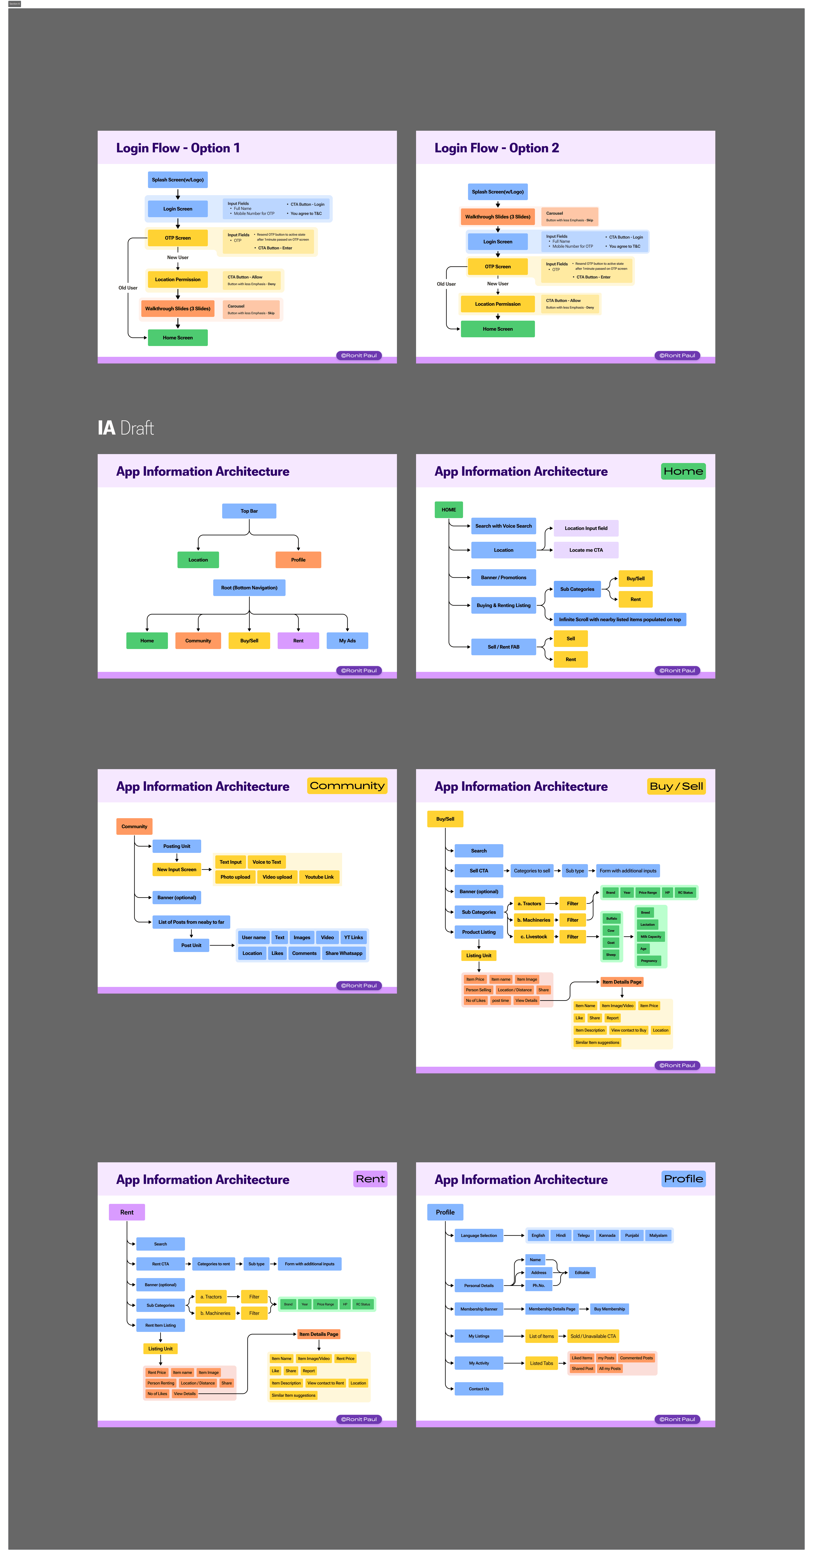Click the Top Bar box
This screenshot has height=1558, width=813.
249,511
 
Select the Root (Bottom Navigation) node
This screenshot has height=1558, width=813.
249,588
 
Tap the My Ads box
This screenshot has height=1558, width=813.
347,640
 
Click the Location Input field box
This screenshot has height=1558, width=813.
586,528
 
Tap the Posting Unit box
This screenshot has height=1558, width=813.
177,846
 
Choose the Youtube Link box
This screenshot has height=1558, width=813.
319,877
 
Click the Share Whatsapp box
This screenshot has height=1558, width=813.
344,953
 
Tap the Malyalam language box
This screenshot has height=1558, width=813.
658,1236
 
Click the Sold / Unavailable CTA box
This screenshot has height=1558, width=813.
593,1336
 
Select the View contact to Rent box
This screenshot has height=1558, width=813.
325,1383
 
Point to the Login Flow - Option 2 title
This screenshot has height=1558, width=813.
497,148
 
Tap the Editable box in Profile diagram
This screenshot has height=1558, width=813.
582,1272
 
